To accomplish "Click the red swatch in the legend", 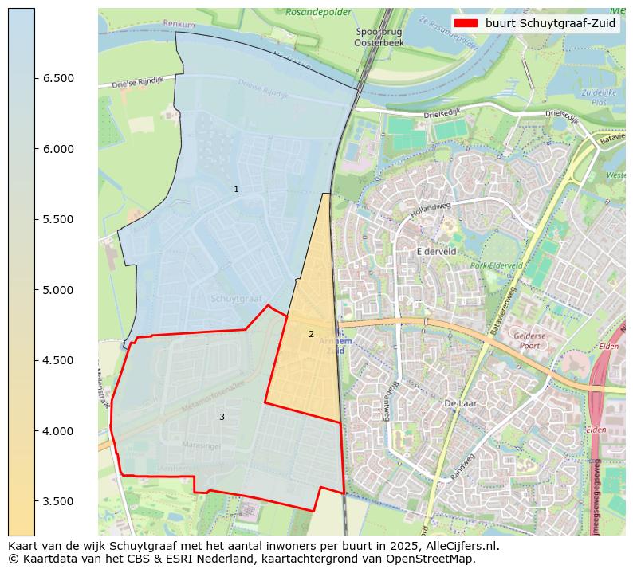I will click(x=466, y=23).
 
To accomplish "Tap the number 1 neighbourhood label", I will click(x=236, y=189).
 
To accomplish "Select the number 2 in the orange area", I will click(x=311, y=334).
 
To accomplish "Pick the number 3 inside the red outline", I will click(x=222, y=417).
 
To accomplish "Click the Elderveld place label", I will click(x=436, y=250).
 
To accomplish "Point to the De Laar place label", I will click(x=460, y=404).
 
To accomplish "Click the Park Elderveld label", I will click(x=495, y=265).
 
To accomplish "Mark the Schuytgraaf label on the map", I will click(x=236, y=299).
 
